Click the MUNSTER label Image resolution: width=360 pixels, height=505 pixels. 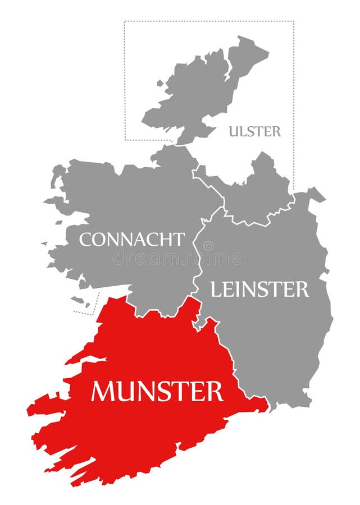coord(157,391)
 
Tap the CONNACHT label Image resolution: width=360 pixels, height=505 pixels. coord(131,240)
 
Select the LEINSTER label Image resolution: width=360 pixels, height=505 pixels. coord(259,290)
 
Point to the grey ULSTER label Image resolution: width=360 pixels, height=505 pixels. coord(254,132)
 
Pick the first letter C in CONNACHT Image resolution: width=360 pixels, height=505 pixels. coord(85,240)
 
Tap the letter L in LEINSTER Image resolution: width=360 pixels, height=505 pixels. coord(215,290)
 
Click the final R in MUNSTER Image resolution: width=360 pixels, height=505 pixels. coord(215,391)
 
